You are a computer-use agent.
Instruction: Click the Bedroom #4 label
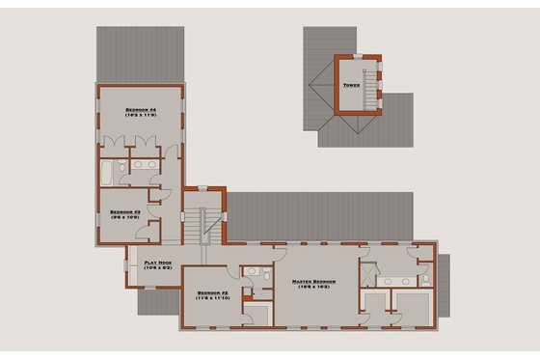coord(140,110)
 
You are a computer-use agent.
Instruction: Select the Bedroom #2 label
coord(210,291)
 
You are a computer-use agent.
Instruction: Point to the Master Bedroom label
coord(311,281)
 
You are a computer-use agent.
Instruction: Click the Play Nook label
coord(157,262)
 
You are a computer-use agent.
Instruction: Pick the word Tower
coord(352,86)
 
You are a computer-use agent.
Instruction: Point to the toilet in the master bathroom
coord(424,280)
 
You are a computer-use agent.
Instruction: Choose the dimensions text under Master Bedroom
coord(311,288)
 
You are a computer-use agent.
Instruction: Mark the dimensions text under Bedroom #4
coord(140,117)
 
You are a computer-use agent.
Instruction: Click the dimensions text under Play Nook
coord(157,267)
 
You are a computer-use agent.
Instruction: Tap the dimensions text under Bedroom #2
coord(210,298)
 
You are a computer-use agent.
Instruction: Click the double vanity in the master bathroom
coord(396,281)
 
